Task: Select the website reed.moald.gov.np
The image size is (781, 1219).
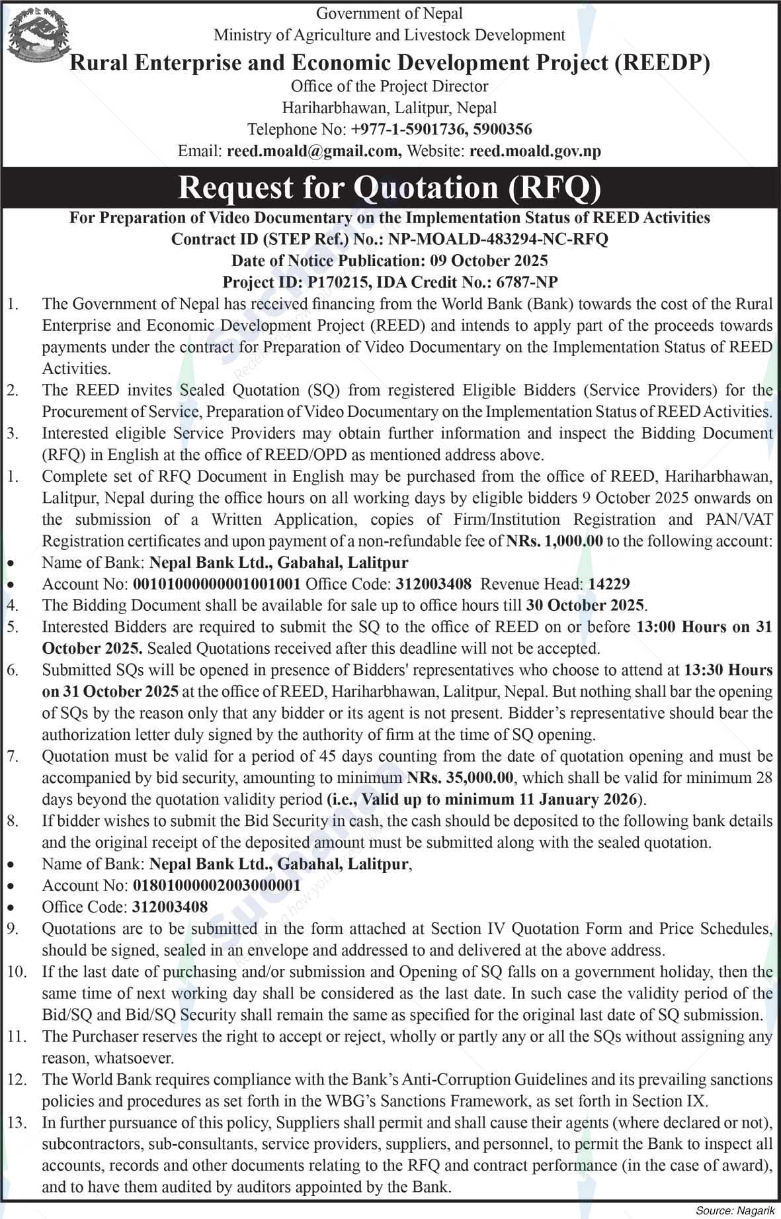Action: [535, 152]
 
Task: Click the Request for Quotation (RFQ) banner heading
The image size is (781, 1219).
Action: [390, 188]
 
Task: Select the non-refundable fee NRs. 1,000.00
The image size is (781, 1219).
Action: [555, 541]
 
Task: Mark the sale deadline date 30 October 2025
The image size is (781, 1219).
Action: [585, 605]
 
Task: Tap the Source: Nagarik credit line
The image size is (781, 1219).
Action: [734, 1210]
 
